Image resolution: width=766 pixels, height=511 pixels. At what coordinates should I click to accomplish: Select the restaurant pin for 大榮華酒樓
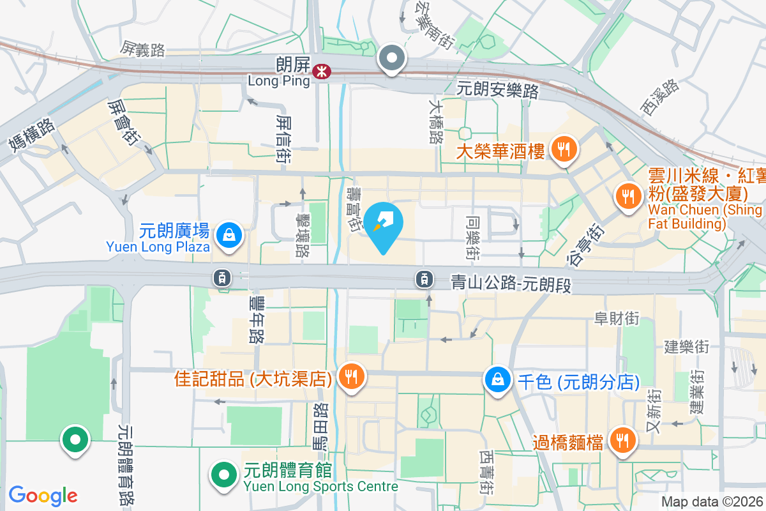[563, 150]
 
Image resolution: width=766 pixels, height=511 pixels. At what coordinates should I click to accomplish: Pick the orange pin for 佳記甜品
[350, 376]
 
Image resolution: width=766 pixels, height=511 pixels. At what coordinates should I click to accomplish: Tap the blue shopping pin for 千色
[498, 379]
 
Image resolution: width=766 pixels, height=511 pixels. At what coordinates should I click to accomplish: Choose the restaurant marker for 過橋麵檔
[620, 440]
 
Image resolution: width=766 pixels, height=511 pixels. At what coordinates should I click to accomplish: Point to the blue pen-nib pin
[384, 224]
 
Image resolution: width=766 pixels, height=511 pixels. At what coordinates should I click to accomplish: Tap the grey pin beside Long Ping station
[392, 59]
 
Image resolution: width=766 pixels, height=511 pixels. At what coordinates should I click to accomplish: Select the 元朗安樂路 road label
[497, 90]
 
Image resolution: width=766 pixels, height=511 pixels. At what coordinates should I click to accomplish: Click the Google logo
[43, 495]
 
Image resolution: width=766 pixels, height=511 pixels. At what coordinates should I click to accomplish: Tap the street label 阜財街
[616, 317]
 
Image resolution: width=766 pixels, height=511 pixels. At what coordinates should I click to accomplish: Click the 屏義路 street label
[143, 49]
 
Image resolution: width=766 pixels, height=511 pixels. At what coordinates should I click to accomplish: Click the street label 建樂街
[686, 347]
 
